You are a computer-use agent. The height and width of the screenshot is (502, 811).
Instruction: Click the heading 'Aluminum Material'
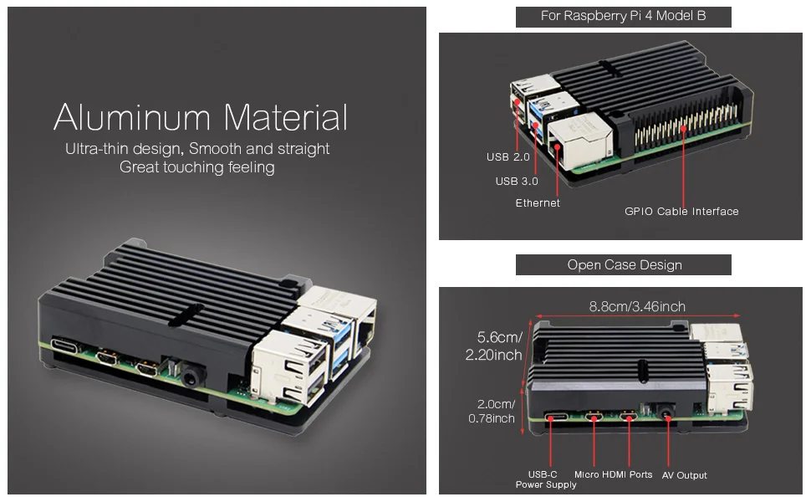pyautogui.click(x=201, y=117)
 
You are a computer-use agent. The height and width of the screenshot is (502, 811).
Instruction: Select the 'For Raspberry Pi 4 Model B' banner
pyautogui.click(x=623, y=17)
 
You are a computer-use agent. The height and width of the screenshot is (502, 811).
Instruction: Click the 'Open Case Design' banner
pyautogui.click(x=624, y=265)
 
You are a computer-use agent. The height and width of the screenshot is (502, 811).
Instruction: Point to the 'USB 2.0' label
pyautogui.click(x=508, y=157)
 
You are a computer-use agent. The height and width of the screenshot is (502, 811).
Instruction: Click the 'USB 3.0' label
pyautogui.click(x=517, y=181)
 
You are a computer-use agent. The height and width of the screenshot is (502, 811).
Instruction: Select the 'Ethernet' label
pyautogui.click(x=538, y=203)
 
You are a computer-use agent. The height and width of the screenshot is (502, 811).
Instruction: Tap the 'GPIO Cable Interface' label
pyautogui.click(x=681, y=212)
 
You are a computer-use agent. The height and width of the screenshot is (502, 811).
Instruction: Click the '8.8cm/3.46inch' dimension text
pyautogui.click(x=637, y=306)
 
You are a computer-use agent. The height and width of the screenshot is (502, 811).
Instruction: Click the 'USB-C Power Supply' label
pyautogui.click(x=545, y=479)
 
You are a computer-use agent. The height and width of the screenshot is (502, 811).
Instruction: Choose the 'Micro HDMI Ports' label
pyautogui.click(x=613, y=474)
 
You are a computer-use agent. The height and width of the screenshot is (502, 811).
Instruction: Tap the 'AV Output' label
pyautogui.click(x=685, y=475)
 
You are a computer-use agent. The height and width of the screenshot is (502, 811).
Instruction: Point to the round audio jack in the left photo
pyautogui.click(x=189, y=377)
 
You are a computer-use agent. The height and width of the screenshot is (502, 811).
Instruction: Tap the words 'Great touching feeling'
pyautogui.click(x=196, y=167)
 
